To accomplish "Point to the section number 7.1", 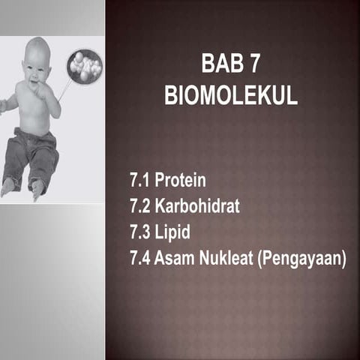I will (x=140, y=181).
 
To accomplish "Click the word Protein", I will (x=180, y=181).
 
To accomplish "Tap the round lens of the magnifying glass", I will (x=84, y=66).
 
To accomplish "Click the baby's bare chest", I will (x=31, y=105).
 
